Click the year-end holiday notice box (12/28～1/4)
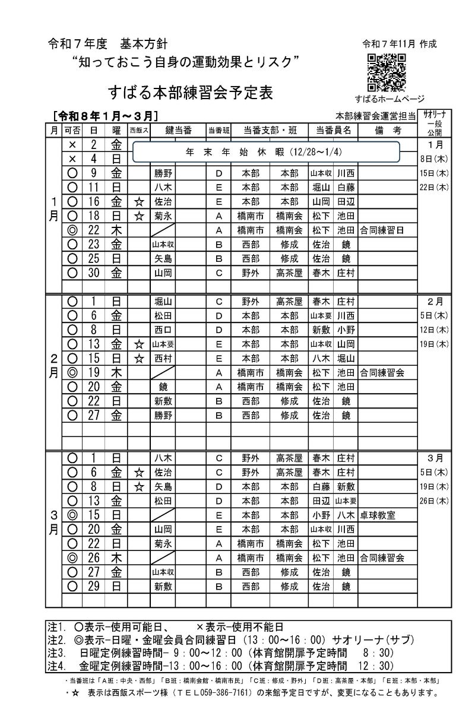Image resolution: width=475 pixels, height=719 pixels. click(x=273, y=151)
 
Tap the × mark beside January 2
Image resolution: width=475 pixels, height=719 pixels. click(x=72, y=144)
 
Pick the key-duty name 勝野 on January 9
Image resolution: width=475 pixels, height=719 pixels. click(x=162, y=173)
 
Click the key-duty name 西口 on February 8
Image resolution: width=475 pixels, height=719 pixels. click(x=162, y=330)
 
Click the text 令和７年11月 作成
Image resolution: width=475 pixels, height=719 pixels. click(x=399, y=43)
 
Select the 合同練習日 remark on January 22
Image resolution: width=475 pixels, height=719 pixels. click(x=382, y=230)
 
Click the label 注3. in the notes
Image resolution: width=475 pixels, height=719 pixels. click(x=56, y=651)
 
